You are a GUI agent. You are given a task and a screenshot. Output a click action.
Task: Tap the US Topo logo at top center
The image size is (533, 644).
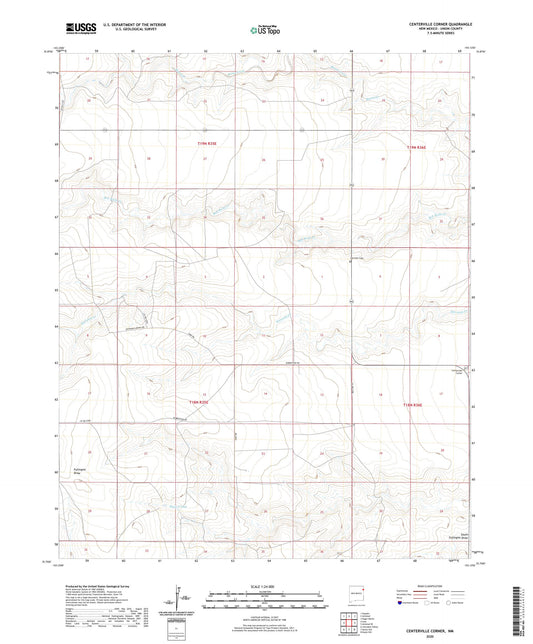pos(265,29)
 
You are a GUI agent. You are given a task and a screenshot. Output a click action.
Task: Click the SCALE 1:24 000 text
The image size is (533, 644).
pos(265,586)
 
